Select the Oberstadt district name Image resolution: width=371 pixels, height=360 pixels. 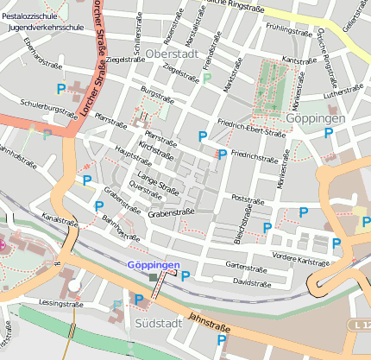pos(173,54)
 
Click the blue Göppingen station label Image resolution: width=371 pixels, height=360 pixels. pos(154,265)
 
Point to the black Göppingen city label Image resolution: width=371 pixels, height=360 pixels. pos(316,117)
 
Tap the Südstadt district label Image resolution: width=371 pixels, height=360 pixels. pos(159,322)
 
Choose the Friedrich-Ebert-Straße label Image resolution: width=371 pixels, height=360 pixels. pos(251,128)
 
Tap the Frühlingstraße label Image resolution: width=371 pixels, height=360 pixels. pos(288,28)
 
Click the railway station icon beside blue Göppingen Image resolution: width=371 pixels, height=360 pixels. pos(154,277)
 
